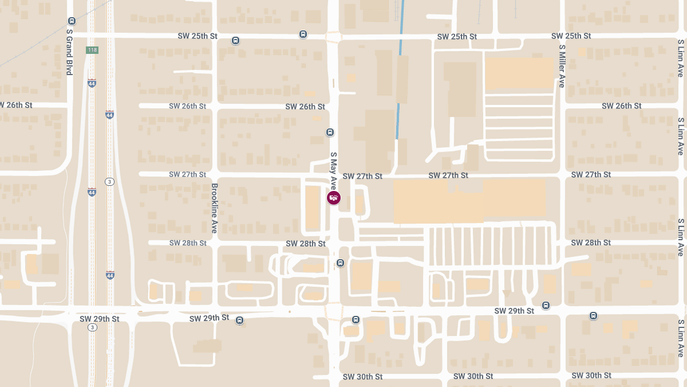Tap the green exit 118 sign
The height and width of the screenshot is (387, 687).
(x=92, y=50)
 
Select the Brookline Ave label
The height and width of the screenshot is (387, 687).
(x=215, y=208)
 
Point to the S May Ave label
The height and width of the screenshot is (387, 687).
(x=333, y=170)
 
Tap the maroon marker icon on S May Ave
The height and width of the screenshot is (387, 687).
(x=333, y=198)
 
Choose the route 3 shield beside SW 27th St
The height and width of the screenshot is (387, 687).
(x=109, y=182)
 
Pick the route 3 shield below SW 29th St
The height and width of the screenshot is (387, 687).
(x=92, y=327)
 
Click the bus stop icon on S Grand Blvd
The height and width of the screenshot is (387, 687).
(x=72, y=21)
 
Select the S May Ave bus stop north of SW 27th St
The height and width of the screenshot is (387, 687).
(x=330, y=132)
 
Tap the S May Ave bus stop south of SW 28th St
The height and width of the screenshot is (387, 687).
(x=341, y=263)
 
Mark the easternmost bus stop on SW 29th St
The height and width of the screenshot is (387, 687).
(x=593, y=315)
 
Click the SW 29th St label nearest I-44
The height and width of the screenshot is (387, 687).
(x=100, y=319)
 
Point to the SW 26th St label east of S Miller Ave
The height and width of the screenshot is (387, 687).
(x=622, y=106)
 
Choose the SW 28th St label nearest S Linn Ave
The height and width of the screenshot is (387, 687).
(x=591, y=243)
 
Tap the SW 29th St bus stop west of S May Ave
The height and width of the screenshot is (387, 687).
(x=240, y=320)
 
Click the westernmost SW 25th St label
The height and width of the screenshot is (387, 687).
(x=198, y=36)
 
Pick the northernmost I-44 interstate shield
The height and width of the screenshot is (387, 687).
(x=92, y=83)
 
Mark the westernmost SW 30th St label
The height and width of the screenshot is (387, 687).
(x=362, y=377)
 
